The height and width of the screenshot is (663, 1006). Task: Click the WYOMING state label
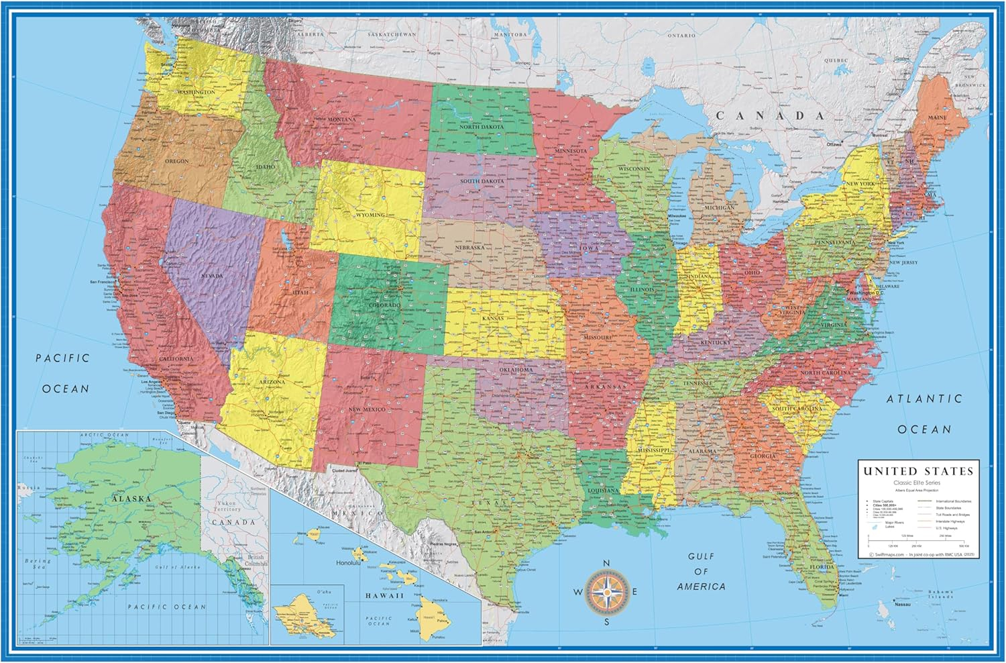coord(370,215)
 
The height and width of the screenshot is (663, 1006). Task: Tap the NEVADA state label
coord(212,276)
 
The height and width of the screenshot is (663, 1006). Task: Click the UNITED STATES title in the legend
coord(917,472)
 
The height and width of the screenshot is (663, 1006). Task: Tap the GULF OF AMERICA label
coord(701,571)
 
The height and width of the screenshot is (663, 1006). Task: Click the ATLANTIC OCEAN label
coord(924,413)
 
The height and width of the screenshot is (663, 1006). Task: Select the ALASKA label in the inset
coord(131,499)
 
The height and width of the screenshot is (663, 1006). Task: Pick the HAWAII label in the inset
coord(384,595)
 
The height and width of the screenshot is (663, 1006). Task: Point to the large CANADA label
coord(770,115)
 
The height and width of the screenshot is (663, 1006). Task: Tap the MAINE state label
coord(937,117)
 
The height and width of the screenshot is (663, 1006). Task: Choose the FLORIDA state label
coord(822,567)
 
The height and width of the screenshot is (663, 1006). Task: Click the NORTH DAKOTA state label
coord(482,127)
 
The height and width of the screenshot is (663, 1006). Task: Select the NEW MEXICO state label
coord(367,409)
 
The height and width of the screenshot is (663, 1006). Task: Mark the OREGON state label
coord(176,161)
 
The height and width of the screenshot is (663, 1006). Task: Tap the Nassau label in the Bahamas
coord(903,604)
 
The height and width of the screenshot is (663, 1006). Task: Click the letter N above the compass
coord(606,564)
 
